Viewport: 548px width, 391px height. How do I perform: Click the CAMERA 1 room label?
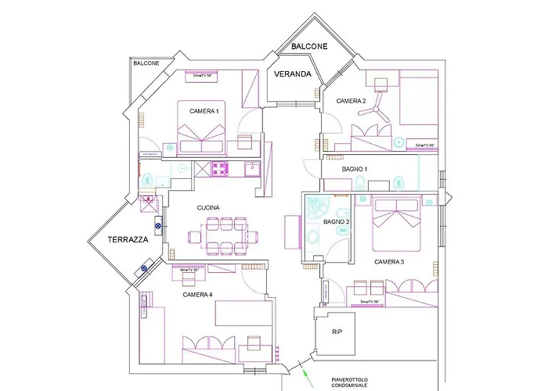click(x=204, y=112)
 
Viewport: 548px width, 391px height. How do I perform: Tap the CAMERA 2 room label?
click(x=352, y=101)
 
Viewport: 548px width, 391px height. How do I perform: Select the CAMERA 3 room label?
click(x=389, y=261)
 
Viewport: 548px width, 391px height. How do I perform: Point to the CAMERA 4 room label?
click(x=197, y=295)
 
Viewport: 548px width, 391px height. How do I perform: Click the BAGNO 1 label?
click(x=355, y=169)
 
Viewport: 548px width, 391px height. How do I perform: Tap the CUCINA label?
click(x=208, y=207)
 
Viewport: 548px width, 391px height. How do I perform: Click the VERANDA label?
click(x=293, y=75)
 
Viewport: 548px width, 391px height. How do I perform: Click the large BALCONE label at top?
click(x=309, y=47)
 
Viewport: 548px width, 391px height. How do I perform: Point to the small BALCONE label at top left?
click(x=146, y=63)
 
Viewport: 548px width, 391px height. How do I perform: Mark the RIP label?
click(x=337, y=332)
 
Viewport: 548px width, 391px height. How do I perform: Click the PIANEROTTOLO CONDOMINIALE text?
click(x=348, y=381)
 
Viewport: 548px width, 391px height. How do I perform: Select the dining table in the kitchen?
click(x=225, y=236)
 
